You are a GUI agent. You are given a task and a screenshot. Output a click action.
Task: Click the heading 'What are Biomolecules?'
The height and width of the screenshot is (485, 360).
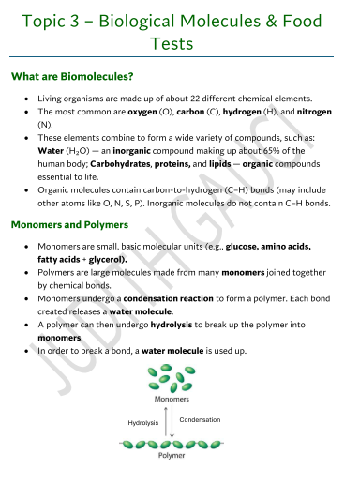pyautogui.click(x=71, y=75)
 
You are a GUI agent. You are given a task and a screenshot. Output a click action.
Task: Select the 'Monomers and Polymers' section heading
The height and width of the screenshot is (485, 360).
pyautogui.click(x=72, y=225)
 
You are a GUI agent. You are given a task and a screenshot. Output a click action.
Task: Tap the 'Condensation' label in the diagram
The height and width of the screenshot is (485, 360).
pyautogui.click(x=200, y=419)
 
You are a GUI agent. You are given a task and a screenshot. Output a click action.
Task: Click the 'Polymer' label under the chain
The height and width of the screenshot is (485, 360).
pyautogui.click(x=172, y=455)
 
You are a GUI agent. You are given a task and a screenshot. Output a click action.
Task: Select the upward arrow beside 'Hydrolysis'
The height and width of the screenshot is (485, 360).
pyautogui.click(x=167, y=423)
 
